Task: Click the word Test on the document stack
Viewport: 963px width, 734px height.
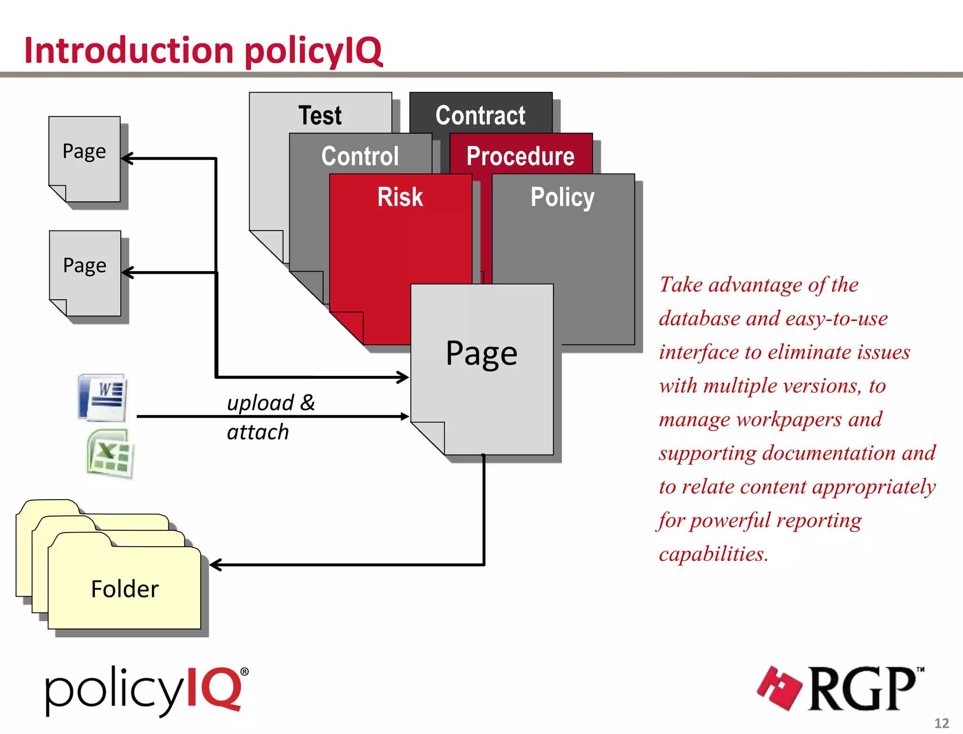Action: (x=320, y=115)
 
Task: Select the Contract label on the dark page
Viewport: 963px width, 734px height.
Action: (x=480, y=115)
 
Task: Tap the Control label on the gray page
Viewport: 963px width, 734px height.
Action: (x=360, y=156)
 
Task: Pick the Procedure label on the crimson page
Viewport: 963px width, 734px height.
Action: (x=520, y=156)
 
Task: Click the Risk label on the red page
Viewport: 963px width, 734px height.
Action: (x=400, y=197)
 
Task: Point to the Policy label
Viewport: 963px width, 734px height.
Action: (x=562, y=197)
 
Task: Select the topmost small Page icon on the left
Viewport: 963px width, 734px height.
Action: (x=85, y=152)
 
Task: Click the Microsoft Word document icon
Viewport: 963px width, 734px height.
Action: (x=103, y=398)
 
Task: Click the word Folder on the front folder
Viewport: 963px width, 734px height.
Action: (x=125, y=589)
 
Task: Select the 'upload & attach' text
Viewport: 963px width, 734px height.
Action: (x=270, y=417)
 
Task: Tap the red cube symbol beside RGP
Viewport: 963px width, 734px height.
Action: (x=780, y=688)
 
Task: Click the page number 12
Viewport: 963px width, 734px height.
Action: (x=941, y=723)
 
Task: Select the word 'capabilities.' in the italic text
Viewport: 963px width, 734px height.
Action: (x=713, y=554)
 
